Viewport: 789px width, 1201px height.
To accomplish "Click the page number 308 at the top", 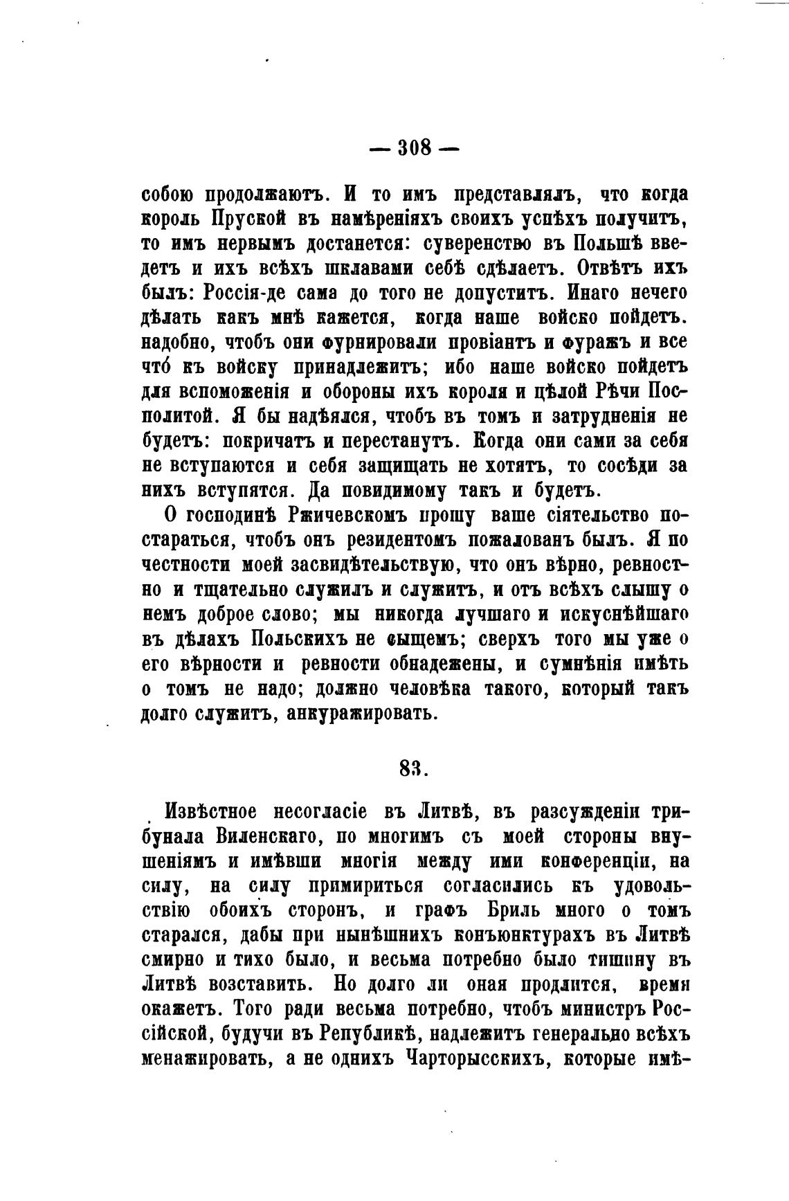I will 415,147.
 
